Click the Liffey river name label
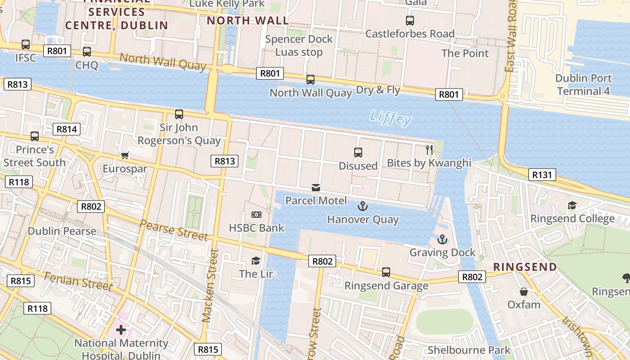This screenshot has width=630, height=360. pos(390,118)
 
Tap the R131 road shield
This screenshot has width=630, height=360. pos(542,175)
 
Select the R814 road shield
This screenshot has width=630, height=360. pos(67,129)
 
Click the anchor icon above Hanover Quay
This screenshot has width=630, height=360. pos(362,207)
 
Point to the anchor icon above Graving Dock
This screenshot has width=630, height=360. pos(442,239)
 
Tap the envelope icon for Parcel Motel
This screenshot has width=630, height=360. pos(316,188)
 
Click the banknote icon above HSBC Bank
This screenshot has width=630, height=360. pos(256,215)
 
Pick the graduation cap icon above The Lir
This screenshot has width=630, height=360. pos(256,261)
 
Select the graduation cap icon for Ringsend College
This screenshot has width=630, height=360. pos(572,206)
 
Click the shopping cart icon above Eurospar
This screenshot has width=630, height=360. pos(125,156)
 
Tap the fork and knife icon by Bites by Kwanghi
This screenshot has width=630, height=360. pos(429,149)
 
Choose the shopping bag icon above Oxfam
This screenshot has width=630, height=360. pos(523,292)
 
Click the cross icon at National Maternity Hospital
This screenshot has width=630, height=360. pos(121,330)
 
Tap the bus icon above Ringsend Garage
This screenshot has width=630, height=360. pos(386,272)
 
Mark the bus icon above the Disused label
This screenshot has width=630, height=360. pos(358,153)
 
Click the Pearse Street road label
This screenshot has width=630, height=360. pos(174,230)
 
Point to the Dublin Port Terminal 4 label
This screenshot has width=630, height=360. pos(583,85)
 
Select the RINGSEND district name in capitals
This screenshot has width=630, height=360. pos(525,267)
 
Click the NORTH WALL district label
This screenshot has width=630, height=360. pos(247,20)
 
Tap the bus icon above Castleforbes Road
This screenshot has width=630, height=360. pos(409,21)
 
